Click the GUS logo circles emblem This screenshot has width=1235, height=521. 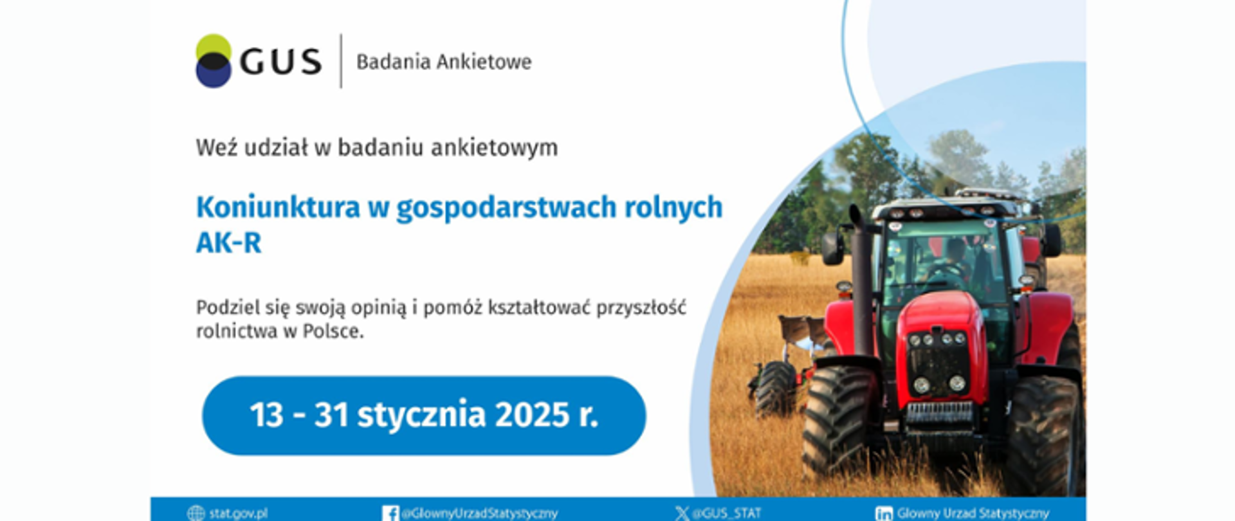[214, 61]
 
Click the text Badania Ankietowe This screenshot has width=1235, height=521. [444, 62]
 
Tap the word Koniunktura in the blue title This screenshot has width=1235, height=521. [278, 207]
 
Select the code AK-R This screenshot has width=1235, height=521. [229, 243]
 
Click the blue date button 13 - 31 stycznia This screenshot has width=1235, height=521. [424, 416]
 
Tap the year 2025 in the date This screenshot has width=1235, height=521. [532, 415]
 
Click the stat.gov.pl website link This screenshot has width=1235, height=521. [238, 513]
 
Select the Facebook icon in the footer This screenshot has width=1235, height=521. [390, 513]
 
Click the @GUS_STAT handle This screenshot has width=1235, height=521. [727, 513]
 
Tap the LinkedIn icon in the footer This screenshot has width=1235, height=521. [884, 513]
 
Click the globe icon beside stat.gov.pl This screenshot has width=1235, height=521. [196, 513]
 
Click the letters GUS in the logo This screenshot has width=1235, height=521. [280, 62]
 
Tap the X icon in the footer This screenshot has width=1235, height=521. [681, 513]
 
